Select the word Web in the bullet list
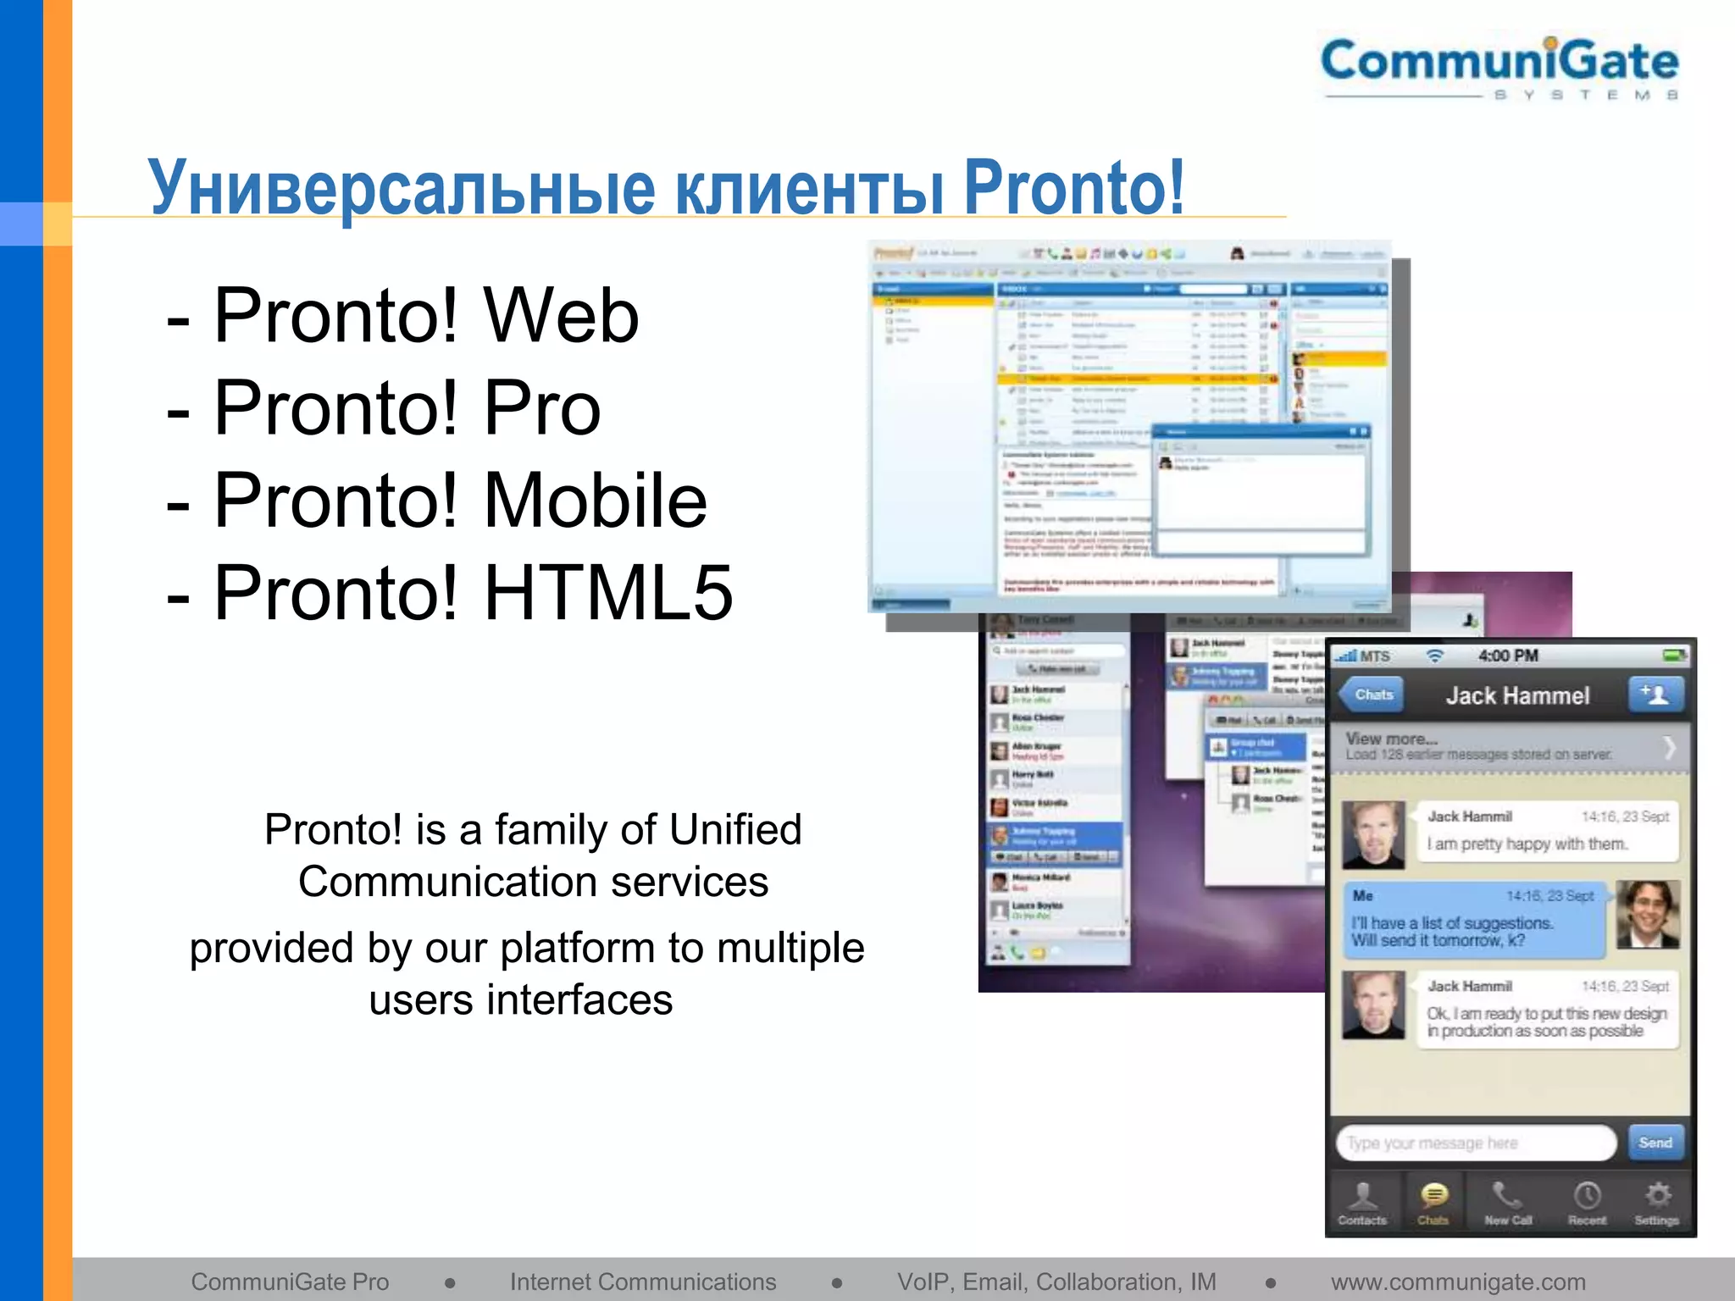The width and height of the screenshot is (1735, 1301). pyautogui.click(x=561, y=315)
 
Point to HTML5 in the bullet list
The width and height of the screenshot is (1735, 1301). pyautogui.click(x=607, y=593)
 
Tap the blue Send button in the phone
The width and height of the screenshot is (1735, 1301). pyautogui.click(x=1655, y=1143)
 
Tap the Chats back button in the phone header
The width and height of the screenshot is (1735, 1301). pyautogui.click(x=1372, y=695)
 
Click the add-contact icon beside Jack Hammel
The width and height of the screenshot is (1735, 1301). pyautogui.click(x=1655, y=695)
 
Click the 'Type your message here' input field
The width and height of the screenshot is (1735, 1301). pyautogui.click(x=1474, y=1143)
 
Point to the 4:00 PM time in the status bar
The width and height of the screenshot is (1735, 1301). pyautogui.click(x=1508, y=656)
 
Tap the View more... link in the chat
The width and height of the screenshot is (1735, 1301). pyautogui.click(x=1391, y=739)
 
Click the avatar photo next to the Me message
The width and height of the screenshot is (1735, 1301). pyautogui.click(x=1647, y=914)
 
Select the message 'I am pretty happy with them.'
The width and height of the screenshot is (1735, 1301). pyautogui.click(x=1527, y=844)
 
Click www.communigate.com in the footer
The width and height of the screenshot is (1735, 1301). pyautogui.click(x=1458, y=1282)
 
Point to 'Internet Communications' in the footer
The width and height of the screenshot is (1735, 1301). pyautogui.click(x=642, y=1282)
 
